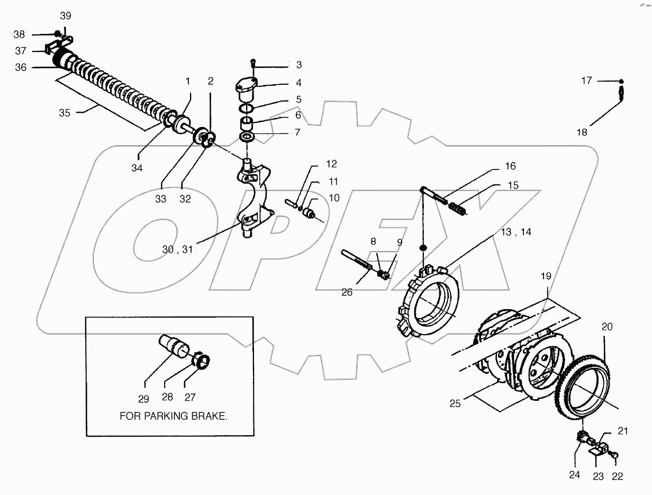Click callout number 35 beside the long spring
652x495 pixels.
64,113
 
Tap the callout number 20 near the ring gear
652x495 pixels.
606,327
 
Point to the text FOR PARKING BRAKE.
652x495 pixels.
174,416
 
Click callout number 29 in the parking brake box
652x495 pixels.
143,399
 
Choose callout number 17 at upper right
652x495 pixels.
586,80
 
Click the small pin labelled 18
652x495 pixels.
622,95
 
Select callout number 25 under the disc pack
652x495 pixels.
455,404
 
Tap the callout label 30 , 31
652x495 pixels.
178,250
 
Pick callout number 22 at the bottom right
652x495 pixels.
617,476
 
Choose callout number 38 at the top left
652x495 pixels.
19,34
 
